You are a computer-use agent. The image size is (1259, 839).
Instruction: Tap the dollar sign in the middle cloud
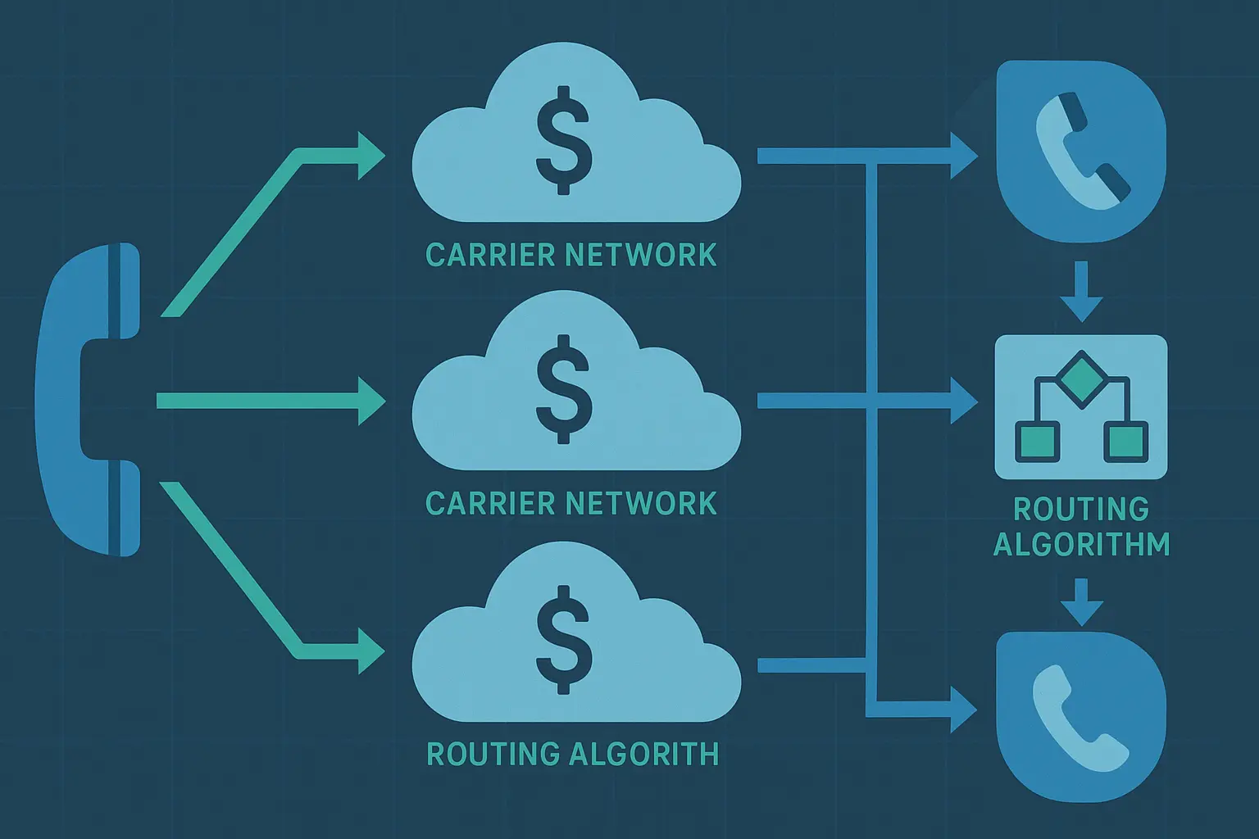(563, 389)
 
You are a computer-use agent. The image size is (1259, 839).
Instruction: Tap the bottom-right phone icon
(1080, 716)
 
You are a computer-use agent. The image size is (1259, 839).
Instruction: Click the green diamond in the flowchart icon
(1079, 377)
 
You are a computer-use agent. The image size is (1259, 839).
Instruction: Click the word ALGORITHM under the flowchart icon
(1081, 544)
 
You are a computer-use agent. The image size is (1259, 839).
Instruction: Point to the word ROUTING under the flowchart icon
(1081, 509)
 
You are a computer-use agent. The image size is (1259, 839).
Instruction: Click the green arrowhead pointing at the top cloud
(370, 155)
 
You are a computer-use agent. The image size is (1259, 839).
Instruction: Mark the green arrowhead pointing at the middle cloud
(370, 401)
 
